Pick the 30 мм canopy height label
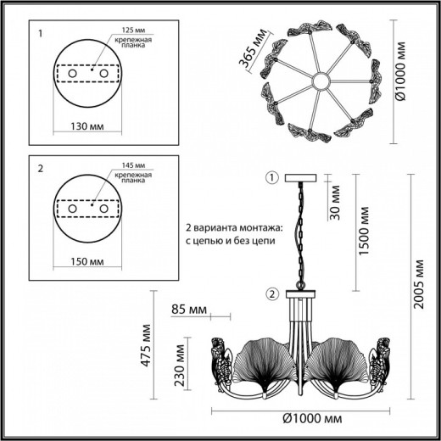coord(338,207)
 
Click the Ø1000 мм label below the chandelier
coord(312,419)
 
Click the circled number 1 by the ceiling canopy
coord(271,178)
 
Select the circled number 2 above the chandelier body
coord(271,294)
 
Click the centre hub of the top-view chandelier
coord(321,81)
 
